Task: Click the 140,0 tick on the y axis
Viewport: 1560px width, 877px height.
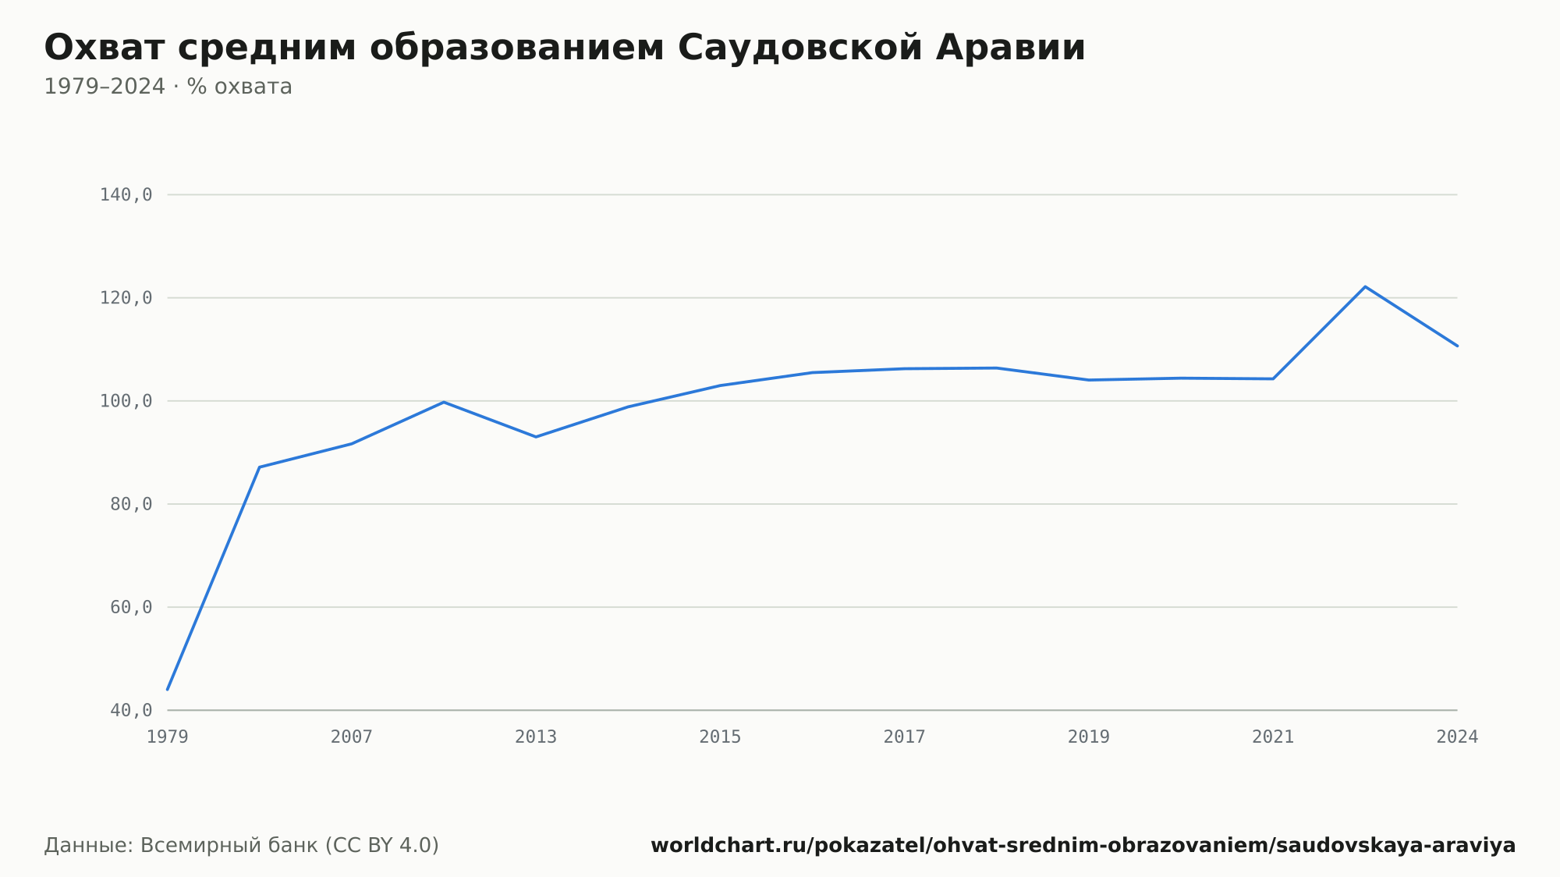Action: [126, 195]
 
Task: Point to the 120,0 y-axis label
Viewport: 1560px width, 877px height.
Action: [126, 298]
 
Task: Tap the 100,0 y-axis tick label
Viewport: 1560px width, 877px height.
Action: [126, 401]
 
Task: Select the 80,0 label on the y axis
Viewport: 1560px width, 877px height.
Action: [131, 504]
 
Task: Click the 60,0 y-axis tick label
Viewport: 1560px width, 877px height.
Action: [131, 607]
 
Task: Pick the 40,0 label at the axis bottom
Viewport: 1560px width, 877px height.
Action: [131, 710]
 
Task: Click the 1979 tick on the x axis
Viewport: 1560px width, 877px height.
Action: [168, 737]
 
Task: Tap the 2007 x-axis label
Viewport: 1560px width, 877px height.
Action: [352, 737]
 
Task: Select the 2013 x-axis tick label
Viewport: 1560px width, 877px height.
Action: [536, 737]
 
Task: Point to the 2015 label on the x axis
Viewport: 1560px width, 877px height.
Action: [720, 737]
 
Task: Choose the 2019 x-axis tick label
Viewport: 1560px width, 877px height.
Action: [1089, 737]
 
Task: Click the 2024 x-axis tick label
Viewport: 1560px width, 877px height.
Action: [1457, 737]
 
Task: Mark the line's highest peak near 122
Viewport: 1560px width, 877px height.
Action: [1365, 286]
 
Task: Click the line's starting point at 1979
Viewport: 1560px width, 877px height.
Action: [168, 690]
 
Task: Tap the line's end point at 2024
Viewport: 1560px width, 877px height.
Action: [1457, 346]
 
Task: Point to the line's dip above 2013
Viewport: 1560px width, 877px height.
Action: [536, 437]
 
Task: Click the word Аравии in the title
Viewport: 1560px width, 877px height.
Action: [1011, 48]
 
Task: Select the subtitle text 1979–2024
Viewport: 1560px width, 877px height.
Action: [105, 87]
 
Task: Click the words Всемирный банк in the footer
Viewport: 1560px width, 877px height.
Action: [229, 845]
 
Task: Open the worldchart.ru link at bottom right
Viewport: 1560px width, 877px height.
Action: [1083, 845]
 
